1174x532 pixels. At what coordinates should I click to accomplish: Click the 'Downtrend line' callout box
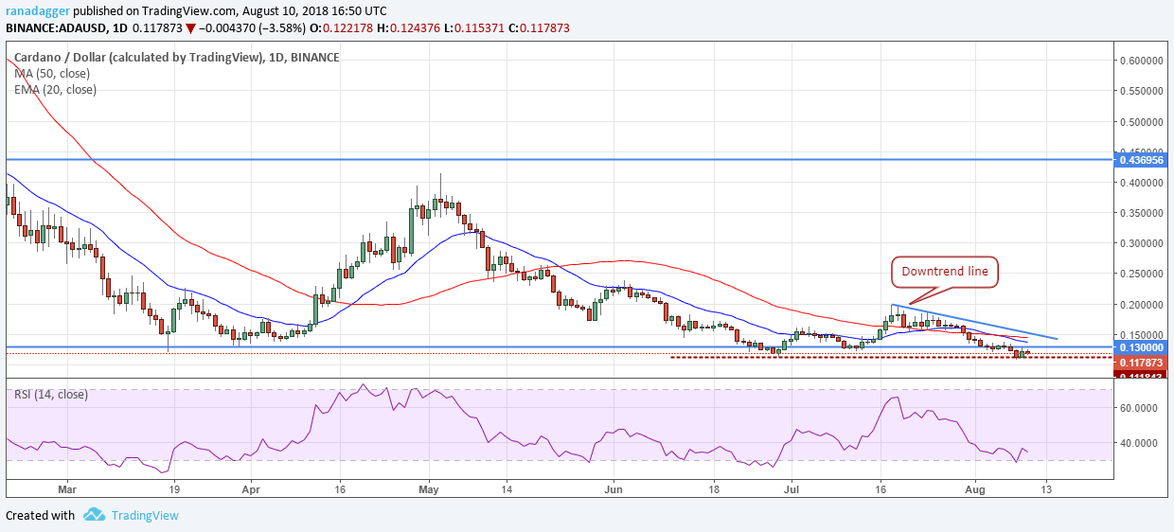[946, 272]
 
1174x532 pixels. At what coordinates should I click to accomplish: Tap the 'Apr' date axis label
[251, 490]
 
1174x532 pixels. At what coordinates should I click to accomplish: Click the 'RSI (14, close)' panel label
[51, 394]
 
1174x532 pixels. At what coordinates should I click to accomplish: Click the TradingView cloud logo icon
[93, 515]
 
